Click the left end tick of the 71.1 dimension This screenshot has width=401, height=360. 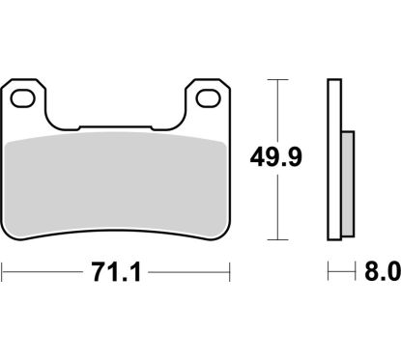[x=3, y=274]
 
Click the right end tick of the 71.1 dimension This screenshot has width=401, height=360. [x=232, y=274]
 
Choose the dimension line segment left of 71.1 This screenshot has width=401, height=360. [x=43, y=274]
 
